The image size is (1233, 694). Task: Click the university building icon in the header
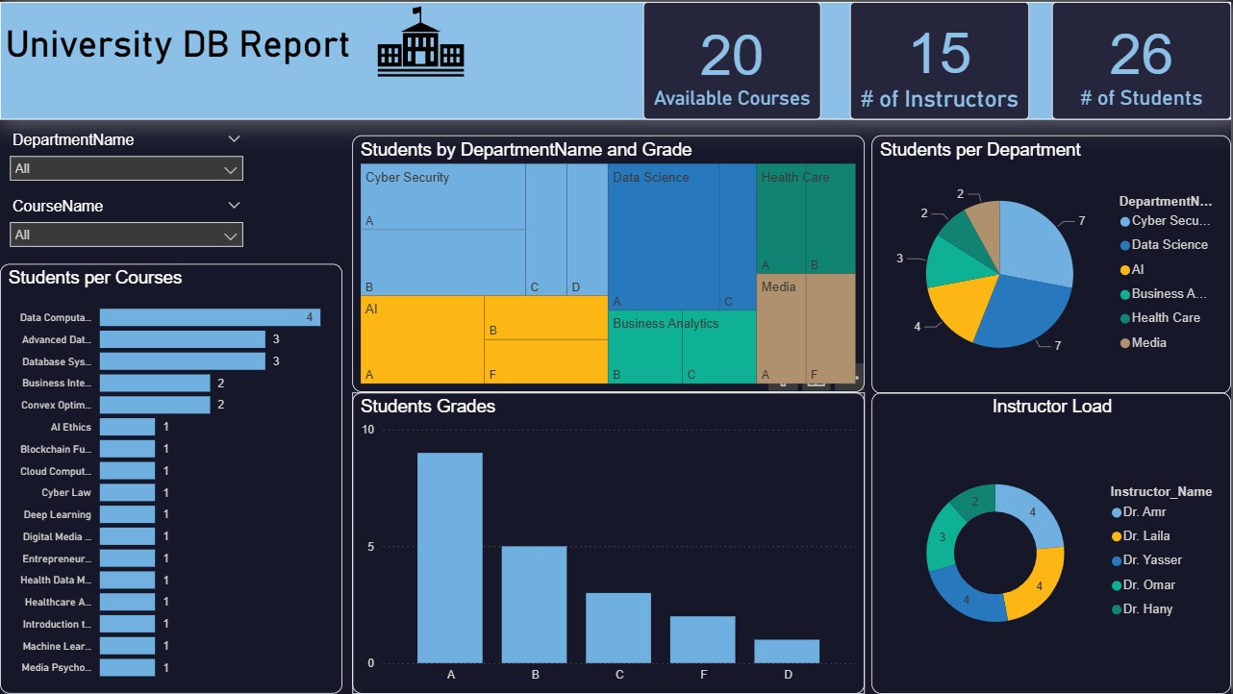point(420,44)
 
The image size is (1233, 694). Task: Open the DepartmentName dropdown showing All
point(126,169)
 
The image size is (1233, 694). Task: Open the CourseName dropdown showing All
point(126,235)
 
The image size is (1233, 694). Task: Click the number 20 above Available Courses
point(731,55)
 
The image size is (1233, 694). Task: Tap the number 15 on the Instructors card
point(939,54)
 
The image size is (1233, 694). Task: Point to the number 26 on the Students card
point(1141,54)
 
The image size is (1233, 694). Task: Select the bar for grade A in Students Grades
point(449,558)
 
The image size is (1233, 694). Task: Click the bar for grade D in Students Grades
point(787,651)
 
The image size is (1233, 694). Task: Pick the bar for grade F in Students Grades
point(702,639)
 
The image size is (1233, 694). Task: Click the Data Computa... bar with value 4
point(210,317)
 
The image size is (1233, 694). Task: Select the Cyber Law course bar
point(127,492)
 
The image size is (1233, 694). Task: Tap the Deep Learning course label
point(57,514)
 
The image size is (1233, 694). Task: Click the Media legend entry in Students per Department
point(1148,342)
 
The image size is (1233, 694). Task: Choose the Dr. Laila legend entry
point(1145,535)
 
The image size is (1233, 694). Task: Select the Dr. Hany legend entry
point(1146,608)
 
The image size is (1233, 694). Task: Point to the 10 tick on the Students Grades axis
point(367,430)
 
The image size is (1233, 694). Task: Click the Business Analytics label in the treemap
point(666,323)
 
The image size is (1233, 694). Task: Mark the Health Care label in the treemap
point(795,177)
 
